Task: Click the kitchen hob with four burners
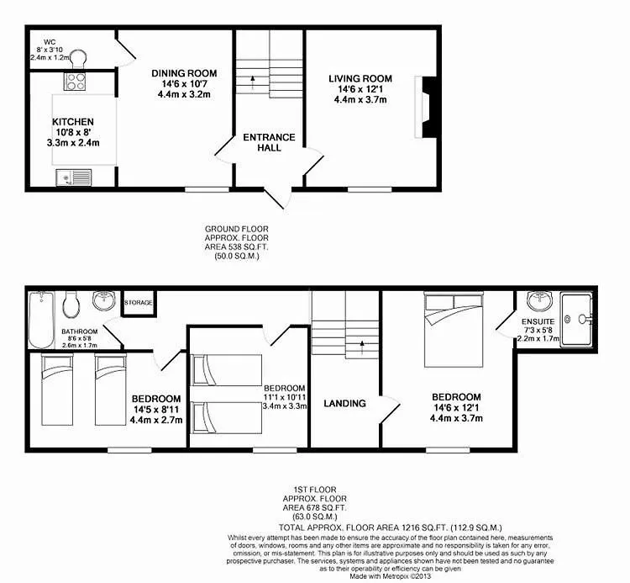coord(75,82)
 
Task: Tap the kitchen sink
coord(74,178)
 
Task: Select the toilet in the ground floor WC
coord(78,58)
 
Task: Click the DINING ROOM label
coord(184,73)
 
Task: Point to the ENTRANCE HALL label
coord(269,142)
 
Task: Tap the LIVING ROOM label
coord(360,78)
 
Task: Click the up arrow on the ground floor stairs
coord(253,82)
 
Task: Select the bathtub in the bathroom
coord(41,320)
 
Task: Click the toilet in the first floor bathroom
coord(71,305)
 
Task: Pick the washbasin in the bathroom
coord(104,300)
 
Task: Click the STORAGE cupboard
coord(139,303)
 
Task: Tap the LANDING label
coord(344,403)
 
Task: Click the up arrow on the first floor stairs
coord(362,347)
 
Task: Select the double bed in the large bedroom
coord(454,330)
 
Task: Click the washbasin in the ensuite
coord(540,301)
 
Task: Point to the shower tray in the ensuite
coord(576,320)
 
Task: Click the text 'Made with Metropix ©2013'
coord(390,576)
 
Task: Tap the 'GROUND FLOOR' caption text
coord(237,229)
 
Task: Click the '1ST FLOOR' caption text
coord(315,490)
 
